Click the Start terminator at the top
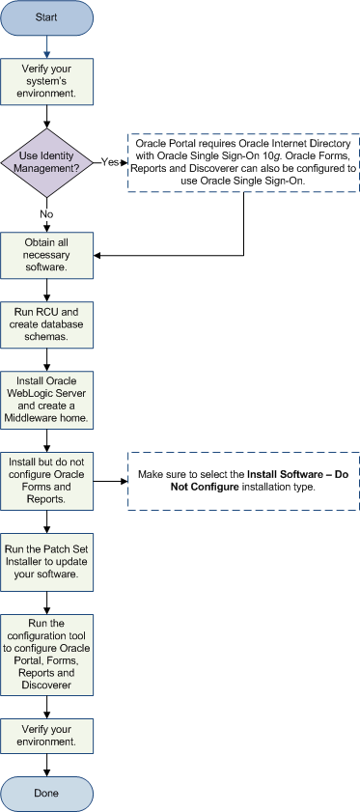[47, 16]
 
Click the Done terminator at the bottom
[47, 793]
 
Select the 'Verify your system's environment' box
[47, 81]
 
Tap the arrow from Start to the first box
[47, 46]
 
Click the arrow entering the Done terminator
[47, 765]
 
